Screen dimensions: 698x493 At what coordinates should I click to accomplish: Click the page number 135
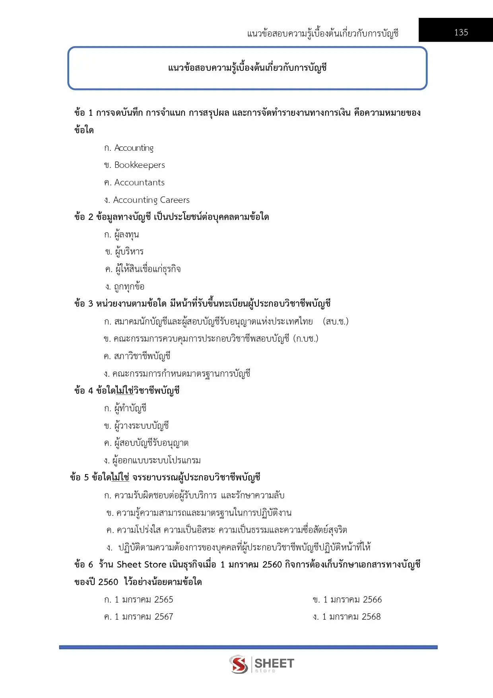point(461,32)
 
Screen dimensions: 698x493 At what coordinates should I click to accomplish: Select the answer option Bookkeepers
point(139,165)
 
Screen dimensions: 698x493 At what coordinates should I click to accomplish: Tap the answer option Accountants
point(139,183)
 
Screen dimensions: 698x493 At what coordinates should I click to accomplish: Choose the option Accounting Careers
point(151,200)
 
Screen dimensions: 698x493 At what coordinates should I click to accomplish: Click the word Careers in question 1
point(175,200)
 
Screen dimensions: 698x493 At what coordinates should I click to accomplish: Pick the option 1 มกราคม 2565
point(144,599)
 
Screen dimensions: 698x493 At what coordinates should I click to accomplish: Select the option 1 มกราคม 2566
point(352,599)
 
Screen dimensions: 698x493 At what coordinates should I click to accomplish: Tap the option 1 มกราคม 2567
point(144,616)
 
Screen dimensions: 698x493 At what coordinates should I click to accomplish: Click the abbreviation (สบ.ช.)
point(336,321)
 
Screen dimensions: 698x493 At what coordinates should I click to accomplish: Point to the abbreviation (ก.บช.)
point(305,339)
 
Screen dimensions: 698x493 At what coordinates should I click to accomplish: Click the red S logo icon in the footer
point(239,664)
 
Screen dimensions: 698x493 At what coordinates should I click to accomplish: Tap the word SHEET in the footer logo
point(274,663)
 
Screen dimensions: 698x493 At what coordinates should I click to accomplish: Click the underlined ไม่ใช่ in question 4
point(125,391)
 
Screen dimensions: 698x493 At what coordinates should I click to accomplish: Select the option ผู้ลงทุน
point(126,235)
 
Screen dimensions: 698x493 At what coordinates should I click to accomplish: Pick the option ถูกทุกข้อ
point(129,287)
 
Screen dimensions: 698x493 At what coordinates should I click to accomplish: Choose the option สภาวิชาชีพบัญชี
point(142,356)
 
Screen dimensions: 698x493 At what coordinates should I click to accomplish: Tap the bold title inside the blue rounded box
point(247,68)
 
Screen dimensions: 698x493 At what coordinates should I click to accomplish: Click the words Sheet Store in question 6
point(141,565)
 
